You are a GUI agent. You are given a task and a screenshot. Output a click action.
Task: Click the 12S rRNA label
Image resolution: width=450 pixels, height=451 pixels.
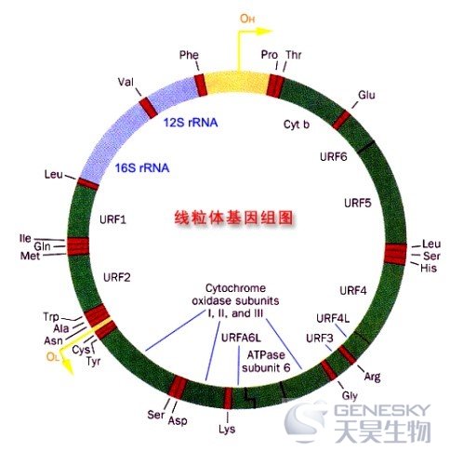point(191,123)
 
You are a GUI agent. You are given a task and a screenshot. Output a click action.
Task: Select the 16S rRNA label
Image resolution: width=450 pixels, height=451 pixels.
point(142,167)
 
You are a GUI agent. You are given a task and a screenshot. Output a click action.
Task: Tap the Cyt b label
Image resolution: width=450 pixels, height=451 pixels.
point(297,125)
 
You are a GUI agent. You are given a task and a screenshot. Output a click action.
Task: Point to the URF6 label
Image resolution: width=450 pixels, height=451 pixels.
point(334,157)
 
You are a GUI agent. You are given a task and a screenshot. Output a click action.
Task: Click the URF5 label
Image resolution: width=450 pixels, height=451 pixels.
point(358,204)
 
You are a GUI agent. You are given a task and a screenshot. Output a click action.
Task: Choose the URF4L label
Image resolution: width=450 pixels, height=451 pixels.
point(333,318)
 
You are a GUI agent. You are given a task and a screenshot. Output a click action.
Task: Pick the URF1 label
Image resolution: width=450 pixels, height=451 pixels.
point(112,219)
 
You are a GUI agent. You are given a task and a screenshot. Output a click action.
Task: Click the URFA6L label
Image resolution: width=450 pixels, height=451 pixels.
point(241,338)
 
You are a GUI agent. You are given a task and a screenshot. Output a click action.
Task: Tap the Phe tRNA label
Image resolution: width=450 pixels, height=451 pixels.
point(189,55)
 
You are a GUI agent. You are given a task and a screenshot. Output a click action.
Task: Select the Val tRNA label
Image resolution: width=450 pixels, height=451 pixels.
point(126,82)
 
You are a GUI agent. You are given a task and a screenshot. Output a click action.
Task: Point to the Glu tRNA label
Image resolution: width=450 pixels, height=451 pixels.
point(366,95)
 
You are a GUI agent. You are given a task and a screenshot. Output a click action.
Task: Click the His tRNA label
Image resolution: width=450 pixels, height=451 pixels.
point(429,268)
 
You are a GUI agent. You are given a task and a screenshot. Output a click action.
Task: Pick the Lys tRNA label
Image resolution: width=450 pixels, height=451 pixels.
point(227,430)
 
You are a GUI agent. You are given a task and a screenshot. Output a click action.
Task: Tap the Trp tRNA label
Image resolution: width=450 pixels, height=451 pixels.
point(51,317)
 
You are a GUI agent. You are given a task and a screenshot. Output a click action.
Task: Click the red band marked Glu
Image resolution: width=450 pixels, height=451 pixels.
point(341,120)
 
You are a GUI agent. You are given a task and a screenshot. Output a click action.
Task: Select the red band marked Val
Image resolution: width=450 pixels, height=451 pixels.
point(148,108)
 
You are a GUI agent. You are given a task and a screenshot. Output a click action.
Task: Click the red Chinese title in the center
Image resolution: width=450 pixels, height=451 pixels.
point(233,218)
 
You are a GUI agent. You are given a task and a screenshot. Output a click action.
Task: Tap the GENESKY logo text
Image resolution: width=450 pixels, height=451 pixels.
point(382,410)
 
